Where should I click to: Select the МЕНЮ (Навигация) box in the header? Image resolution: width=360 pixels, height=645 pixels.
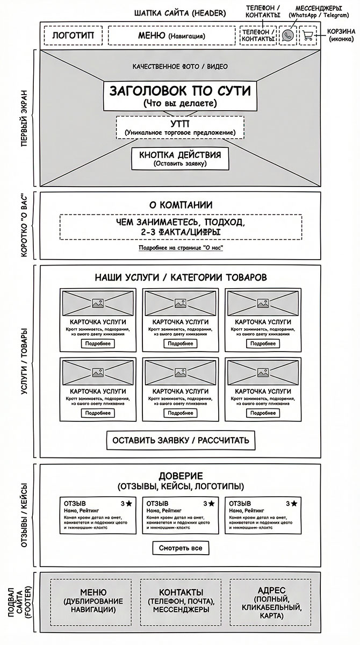tap(171, 36)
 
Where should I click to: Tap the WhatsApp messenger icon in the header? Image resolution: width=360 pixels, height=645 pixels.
tap(289, 36)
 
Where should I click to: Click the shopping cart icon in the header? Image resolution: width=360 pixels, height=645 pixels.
tap(308, 36)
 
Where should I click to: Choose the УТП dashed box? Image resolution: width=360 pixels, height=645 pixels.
tap(180, 127)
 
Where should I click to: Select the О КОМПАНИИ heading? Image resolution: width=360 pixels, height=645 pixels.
tap(180, 205)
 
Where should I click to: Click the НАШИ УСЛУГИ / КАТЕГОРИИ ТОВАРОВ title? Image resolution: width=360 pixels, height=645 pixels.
tap(180, 278)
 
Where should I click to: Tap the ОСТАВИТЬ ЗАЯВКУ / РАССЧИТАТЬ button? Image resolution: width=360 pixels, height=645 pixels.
tap(180, 441)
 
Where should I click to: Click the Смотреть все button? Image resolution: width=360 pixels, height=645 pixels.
tap(181, 548)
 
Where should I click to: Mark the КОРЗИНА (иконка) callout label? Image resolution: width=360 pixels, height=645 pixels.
tap(341, 36)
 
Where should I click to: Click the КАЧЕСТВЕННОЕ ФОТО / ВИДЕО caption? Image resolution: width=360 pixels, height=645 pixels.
tap(180, 67)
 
